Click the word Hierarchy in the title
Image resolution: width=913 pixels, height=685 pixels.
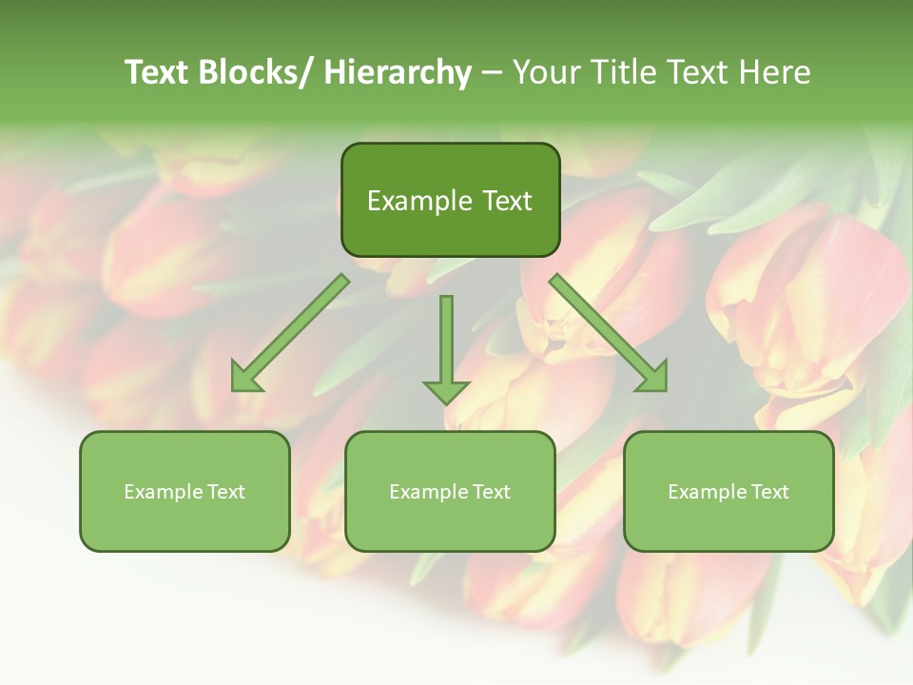(x=397, y=72)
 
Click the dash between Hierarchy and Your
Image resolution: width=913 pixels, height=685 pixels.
(x=491, y=72)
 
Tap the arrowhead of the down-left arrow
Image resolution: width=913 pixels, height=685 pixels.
(x=245, y=378)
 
